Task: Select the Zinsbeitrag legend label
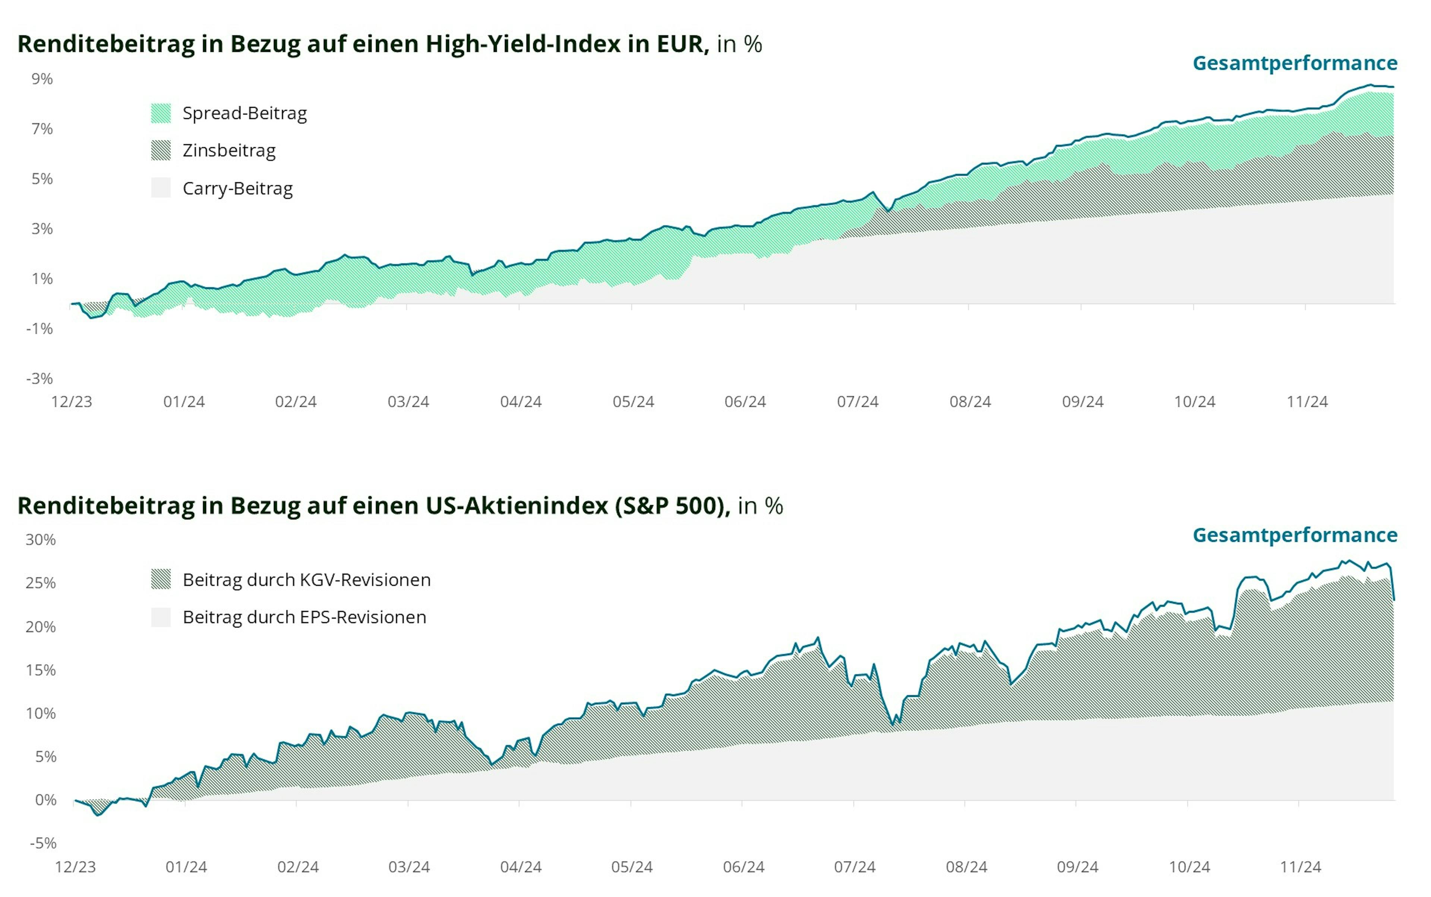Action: point(229,151)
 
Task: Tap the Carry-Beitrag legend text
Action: point(237,189)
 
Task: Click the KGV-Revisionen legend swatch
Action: point(161,579)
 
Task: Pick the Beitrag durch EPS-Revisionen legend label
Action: point(304,617)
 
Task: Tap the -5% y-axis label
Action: point(43,843)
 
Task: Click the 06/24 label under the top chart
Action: point(745,402)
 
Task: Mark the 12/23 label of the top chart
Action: point(72,402)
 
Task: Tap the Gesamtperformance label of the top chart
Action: point(1295,63)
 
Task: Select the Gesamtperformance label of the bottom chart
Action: point(1295,535)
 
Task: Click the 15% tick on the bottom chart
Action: point(40,670)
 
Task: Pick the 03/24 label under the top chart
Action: point(408,402)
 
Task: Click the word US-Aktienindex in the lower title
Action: point(517,506)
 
